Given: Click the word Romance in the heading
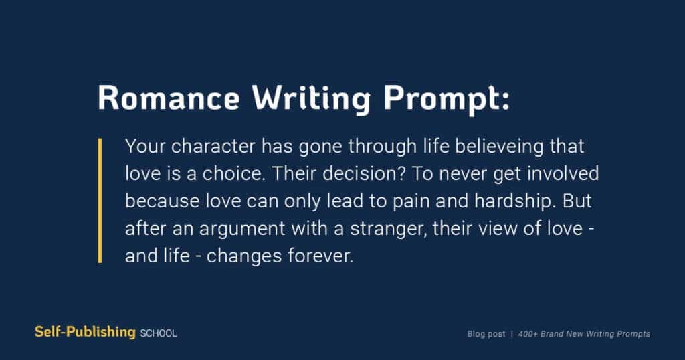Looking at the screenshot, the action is coord(169,97).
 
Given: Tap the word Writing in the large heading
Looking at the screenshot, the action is coord(311,100).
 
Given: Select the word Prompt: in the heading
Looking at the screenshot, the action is coord(446,100).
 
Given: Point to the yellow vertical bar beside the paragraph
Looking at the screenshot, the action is coord(100,201).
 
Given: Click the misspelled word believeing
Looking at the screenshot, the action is coord(499,147).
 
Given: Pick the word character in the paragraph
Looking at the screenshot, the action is coord(213,146).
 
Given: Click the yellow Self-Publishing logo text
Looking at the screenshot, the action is coord(85,332).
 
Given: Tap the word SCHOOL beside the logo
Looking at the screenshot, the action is coord(158,333).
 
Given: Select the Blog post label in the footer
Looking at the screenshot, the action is coord(486,334).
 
